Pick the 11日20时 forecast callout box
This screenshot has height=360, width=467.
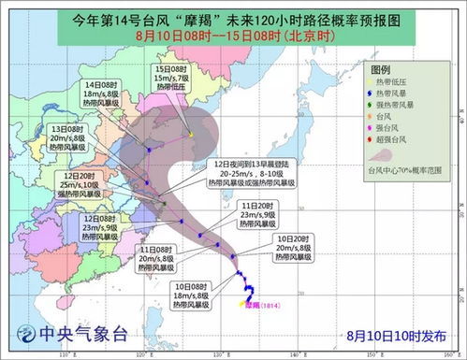point(256,215)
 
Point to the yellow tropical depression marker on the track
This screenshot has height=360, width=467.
point(191,135)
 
